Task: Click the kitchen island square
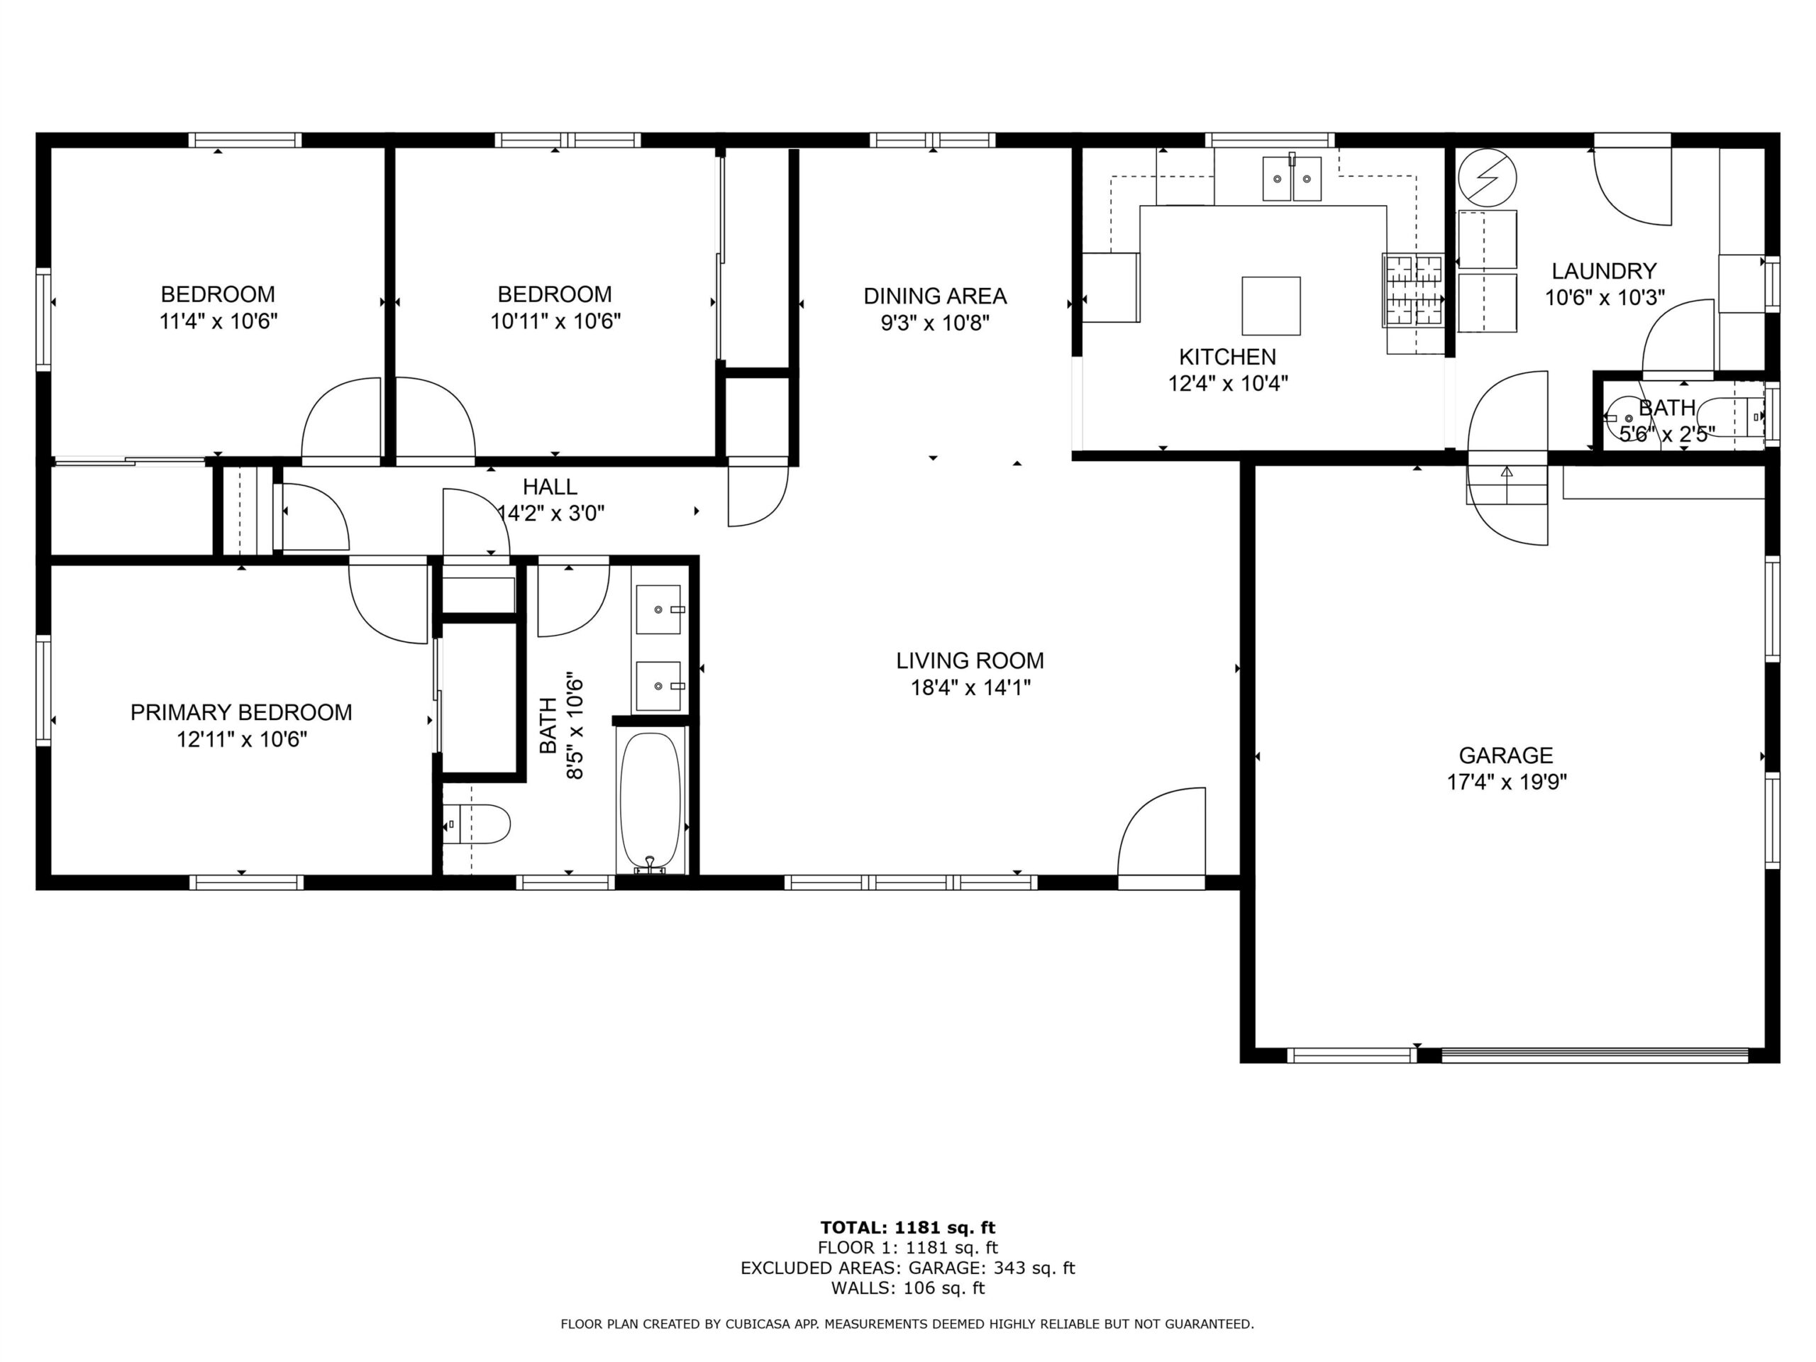[x=1271, y=306]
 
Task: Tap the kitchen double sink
[x=1291, y=178]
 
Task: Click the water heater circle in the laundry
[x=1487, y=177]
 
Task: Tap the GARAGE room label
[x=1506, y=755]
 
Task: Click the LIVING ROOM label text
[x=970, y=661]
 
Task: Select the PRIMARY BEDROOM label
[x=241, y=713]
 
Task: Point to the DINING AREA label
[x=935, y=296]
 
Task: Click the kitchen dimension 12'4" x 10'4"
[x=1227, y=383]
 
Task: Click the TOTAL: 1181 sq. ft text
[x=907, y=1228]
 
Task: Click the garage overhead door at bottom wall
[x=1595, y=1055]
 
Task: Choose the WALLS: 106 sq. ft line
[x=907, y=1288]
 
